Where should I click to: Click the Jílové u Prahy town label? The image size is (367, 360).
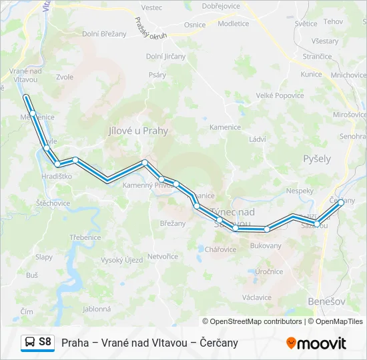click(x=138, y=131)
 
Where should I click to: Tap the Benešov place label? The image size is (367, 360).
click(x=327, y=302)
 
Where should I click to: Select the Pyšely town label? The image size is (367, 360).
click(x=317, y=159)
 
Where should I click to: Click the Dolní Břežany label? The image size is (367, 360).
click(x=104, y=33)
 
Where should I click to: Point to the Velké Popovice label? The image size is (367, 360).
click(x=280, y=96)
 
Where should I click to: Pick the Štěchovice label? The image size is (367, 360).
click(x=53, y=203)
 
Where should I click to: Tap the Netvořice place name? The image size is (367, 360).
click(x=162, y=256)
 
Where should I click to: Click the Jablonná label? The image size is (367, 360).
click(x=97, y=309)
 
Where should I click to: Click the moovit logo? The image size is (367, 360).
click(x=316, y=343)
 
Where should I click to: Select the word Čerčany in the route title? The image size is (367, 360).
click(x=216, y=343)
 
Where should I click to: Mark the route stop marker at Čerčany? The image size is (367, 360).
click(x=341, y=202)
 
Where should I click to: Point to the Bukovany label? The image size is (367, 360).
click(x=266, y=246)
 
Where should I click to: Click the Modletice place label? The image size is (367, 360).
click(x=234, y=24)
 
